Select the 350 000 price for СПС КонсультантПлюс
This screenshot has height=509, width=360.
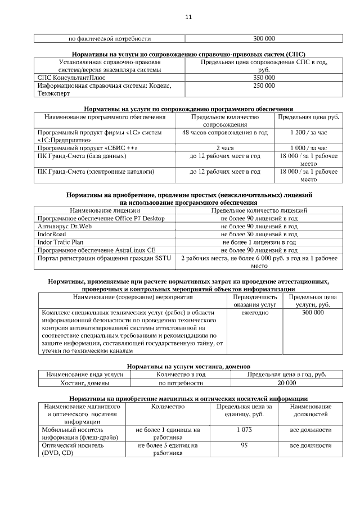(264, 78)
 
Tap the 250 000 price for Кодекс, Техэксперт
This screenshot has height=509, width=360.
(264, 86)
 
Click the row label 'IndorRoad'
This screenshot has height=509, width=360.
(52, 234)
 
